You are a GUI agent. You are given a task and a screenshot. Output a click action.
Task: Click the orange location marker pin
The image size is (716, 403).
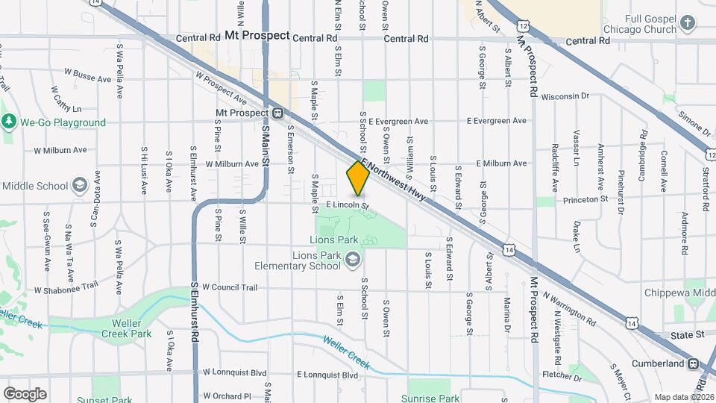tap(358, 178)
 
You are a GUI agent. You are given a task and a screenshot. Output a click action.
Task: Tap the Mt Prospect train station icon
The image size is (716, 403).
tap(277, 113)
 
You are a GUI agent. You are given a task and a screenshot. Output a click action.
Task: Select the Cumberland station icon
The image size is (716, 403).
tap(693, 363)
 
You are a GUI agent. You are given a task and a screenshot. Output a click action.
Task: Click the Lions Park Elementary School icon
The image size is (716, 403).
tap(354, 260)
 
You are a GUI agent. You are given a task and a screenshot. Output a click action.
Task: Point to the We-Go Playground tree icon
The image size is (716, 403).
tap(9, 122)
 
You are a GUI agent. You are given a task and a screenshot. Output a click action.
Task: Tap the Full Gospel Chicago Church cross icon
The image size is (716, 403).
tap(688, 24)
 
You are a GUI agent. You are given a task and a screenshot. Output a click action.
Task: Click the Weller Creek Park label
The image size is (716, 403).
tap(122, 328)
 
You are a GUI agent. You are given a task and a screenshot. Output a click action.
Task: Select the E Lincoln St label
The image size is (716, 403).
tap(348, 204)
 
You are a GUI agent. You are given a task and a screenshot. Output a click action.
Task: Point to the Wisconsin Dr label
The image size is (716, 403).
tap(565, 96)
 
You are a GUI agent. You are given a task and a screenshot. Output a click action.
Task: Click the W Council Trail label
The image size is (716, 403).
tap(229, 287)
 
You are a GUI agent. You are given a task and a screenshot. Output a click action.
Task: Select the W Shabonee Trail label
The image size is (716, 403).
tap(66, 287)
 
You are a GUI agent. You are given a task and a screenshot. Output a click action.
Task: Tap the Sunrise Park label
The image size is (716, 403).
tap(430, 399)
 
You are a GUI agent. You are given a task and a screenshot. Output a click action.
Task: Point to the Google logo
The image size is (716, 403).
tap(25, 394)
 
